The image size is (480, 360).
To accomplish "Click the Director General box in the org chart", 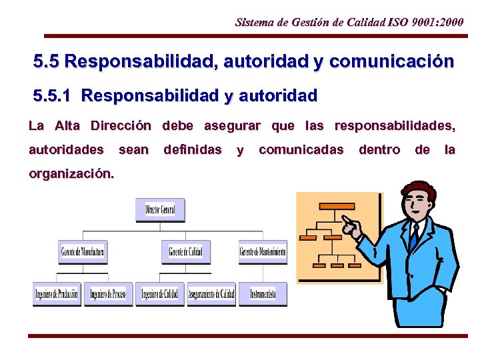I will pyautogui.click(x=160, y=210).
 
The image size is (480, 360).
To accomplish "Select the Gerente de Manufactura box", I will pyautogui.click(x=82, y=252).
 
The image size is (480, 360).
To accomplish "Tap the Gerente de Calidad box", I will pyautogui.click(x=185, y=252).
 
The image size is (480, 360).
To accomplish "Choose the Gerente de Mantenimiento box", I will pyautogui.click(x=263, y=252).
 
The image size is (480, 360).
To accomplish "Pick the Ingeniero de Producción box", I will pyautogui.click(x=57, y=294).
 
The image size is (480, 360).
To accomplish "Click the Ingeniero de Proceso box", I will pyautogui.click(x=109, y=294).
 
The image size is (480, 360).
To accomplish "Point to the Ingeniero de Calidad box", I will pyautogui.click(x=160, y=294).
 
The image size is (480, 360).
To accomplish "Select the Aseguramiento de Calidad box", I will pyautogui.click(x=211, y=294).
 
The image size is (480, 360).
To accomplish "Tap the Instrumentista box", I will pyautogui.click(x=263, y=294).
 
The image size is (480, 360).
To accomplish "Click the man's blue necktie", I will pyautogui.click(x=414, y=237).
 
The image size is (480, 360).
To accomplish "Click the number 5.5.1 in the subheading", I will pyautogui.click(x=53, y=96).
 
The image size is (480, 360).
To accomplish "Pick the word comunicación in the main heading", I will pyautogui.click(x=391, y=63).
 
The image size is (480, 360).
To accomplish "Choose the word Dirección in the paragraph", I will pyautogui.click(x=121, y=126).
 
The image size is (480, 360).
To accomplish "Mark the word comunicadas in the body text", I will pyautogui.click(x=301, y=150).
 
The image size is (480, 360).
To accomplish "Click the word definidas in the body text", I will pyautogui.click(x=193, y=150).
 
